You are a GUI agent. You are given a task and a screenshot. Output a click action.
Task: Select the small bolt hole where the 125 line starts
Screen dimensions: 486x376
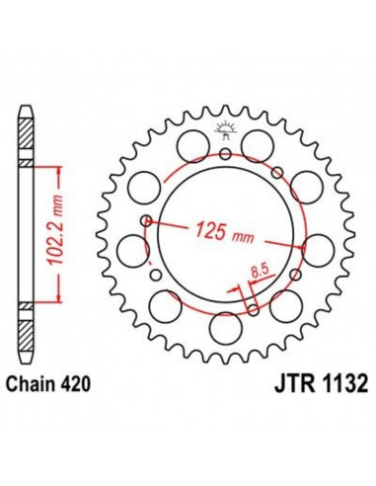(x=145, y=221)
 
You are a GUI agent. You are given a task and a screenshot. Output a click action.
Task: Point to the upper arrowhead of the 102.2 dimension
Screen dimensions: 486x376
(x=63, y=170)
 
